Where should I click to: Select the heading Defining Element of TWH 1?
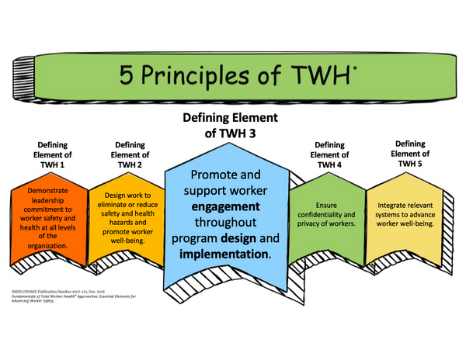point(53,155)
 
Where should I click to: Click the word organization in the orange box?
point(50,245)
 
